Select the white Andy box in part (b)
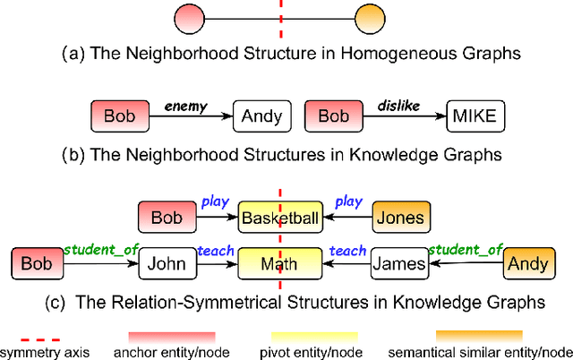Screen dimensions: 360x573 click(262, 116)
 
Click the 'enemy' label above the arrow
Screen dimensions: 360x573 click(185, 106)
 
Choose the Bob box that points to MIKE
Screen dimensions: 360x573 click(333, 116)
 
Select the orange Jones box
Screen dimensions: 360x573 click(398, 218)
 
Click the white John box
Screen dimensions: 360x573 click(167, 263)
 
